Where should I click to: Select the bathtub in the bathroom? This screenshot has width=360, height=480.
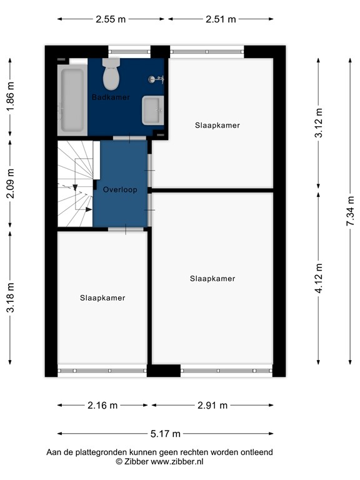(72, 100)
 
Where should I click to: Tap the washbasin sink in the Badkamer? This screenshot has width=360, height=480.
(152, 111)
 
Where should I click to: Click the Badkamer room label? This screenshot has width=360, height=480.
(111, 97)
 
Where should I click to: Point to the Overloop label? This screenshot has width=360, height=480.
(120, 189)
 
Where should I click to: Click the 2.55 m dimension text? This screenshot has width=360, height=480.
(111, 19)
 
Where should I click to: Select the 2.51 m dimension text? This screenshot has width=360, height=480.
(221, 19)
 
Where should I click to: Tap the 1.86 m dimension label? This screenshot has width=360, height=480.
(9, 98)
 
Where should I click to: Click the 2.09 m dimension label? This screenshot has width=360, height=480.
(9, 185)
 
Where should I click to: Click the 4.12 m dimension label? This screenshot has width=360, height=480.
(319, 279)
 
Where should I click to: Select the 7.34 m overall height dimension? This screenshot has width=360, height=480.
(350, 212)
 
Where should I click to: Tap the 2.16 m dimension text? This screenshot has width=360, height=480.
(102, 405)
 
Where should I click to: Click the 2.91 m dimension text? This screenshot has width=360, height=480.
(211, 405)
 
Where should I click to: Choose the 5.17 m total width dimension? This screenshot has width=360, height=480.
(166, 434)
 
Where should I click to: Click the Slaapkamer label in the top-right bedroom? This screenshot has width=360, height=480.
(217, 126)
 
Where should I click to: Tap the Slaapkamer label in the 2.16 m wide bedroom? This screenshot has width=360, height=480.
(102, 298)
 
